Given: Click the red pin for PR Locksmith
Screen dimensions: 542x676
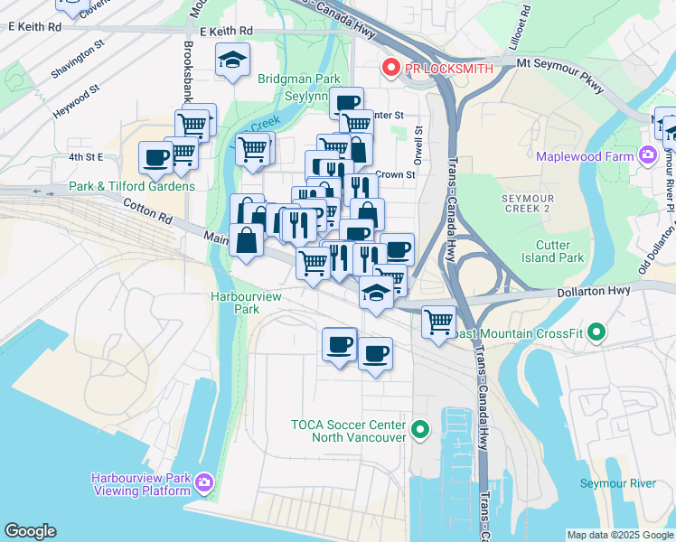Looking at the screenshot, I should click(x=391, y=68).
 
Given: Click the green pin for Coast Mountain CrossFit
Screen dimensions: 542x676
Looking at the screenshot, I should click(x=596, y=333).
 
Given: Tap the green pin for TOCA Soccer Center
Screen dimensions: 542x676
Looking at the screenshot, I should click(x=418, y=430).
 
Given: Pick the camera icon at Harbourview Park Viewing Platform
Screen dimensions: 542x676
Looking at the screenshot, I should click(x=205, y=483).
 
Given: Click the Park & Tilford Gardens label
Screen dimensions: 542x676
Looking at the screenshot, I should click(x=132, y=186).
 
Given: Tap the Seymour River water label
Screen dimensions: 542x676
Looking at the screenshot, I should click(x=620, y=483).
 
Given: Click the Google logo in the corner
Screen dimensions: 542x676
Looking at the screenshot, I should click(x=30, y=530).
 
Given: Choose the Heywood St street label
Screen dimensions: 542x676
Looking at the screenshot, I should click(x=75, y=95).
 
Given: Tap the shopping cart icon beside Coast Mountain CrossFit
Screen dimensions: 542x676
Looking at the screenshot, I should click(x=438, y=321).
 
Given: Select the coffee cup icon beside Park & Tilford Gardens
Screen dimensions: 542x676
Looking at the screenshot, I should click(x=155, y=157).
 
